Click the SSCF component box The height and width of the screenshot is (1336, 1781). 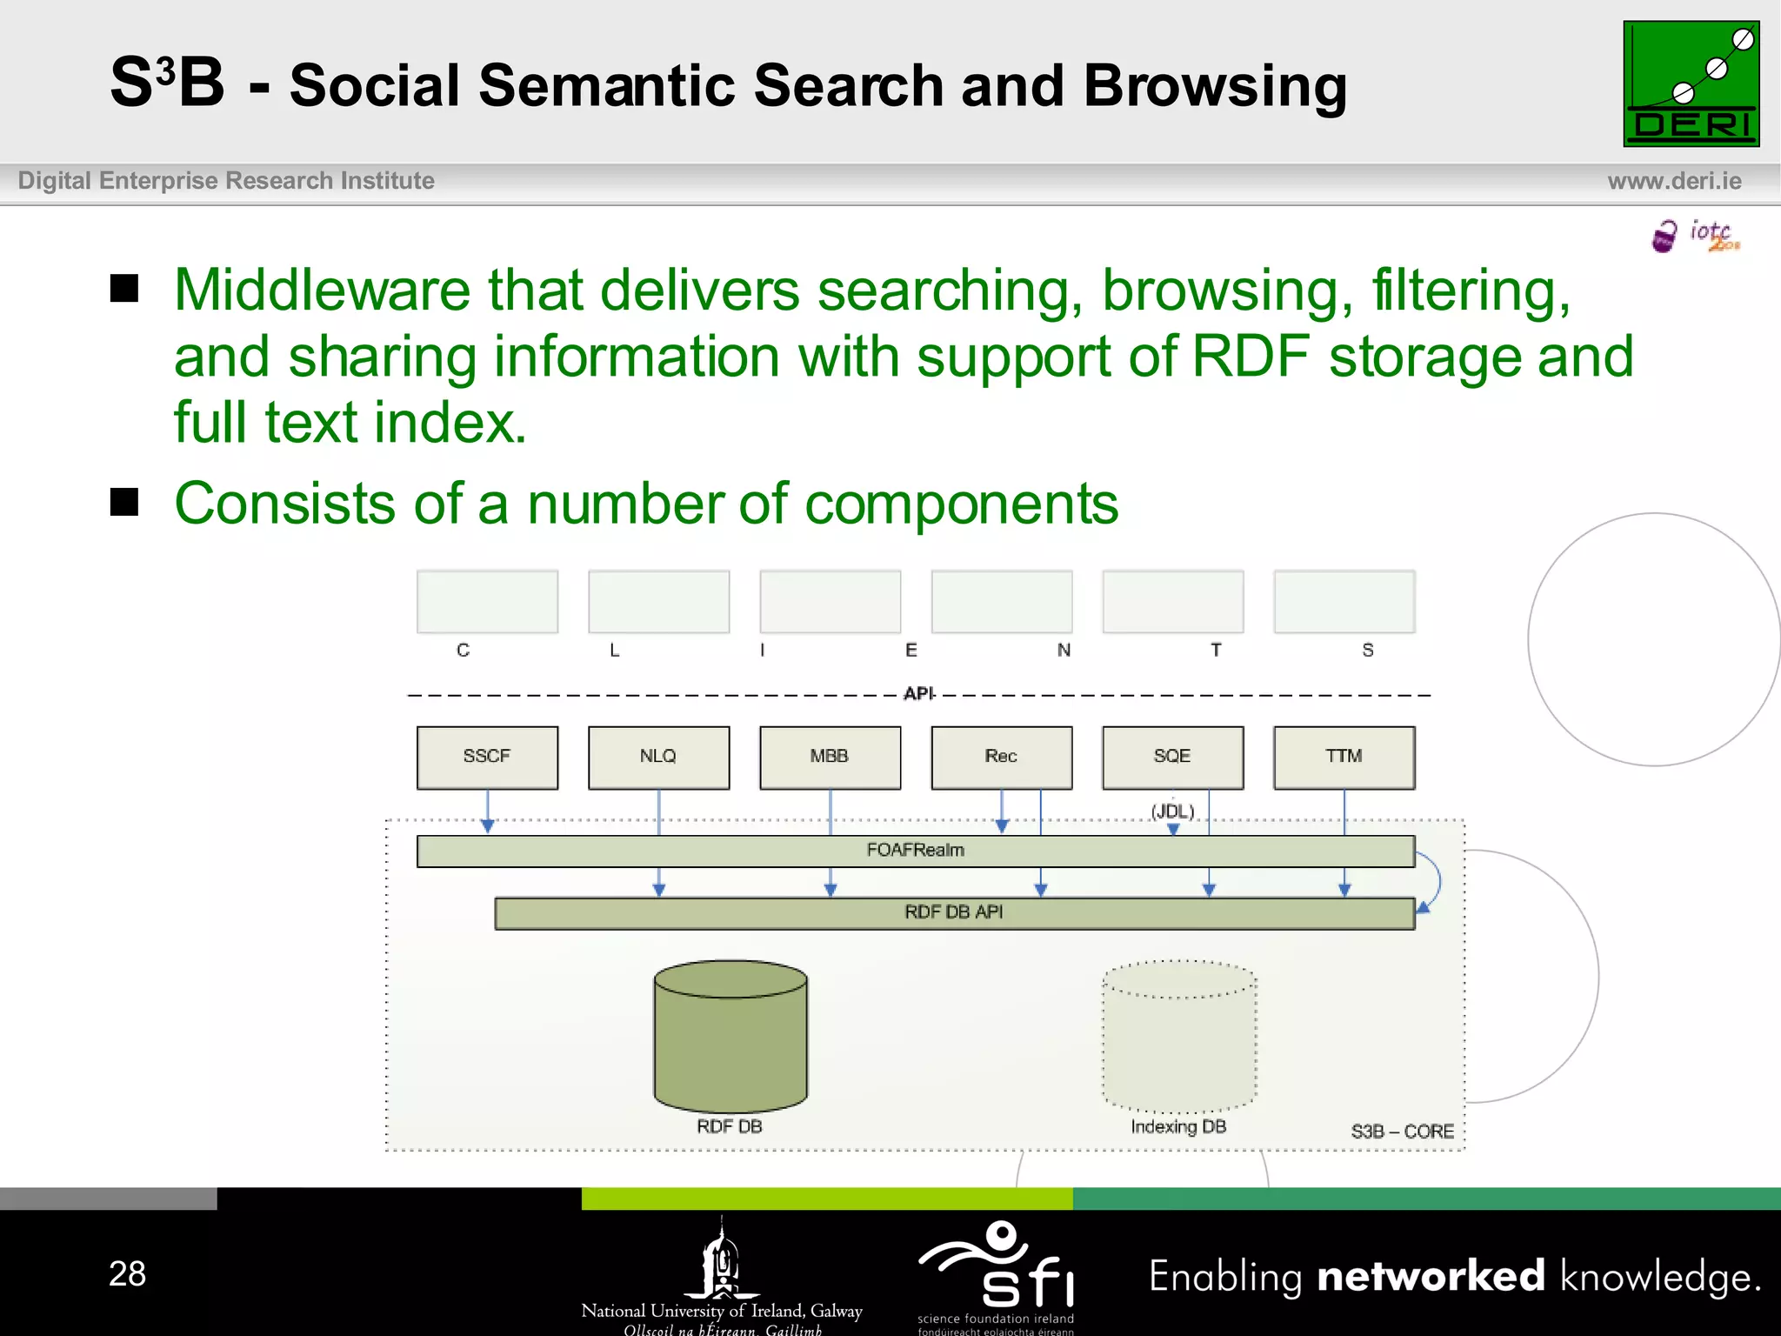point(487,758)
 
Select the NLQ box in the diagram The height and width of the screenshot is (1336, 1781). point(658,758)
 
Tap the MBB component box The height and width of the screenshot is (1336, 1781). point(830,758)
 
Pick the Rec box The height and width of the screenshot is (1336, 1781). point(1001,758)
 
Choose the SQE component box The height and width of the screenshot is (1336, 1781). point(1172,758)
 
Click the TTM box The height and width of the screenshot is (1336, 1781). point(1344,758)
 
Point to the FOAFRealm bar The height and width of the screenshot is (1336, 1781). point(915,851)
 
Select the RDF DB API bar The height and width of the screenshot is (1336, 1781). point(954,912)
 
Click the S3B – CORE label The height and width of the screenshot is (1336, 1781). point(1402,1132)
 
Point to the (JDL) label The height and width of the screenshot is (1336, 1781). point(1172,812)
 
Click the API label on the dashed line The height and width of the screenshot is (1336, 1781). point(918,694)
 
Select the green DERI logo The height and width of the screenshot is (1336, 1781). point(1691,84)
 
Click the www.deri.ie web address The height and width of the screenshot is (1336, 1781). point(1674,181)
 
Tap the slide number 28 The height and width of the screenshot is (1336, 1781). point(127,1274)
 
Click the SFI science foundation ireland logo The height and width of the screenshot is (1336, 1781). point(997,1275)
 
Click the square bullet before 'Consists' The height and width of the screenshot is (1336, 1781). point(124,502)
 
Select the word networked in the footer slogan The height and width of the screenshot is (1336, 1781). point(1431,1277)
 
